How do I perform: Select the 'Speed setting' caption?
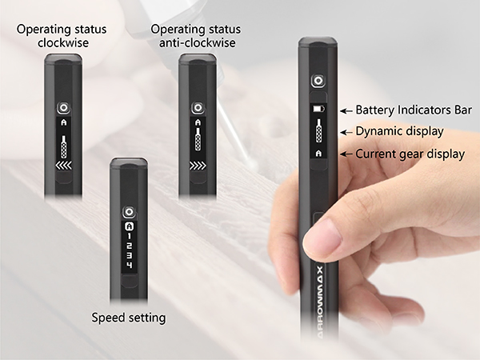(128, 318)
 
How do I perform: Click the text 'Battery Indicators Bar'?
(414, 110)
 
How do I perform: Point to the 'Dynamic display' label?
(398, 131)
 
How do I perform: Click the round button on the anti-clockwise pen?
(196, 107)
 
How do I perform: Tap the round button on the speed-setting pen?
(128, 211)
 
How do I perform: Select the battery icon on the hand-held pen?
(319, 108)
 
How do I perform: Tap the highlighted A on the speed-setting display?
(128, 226)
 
